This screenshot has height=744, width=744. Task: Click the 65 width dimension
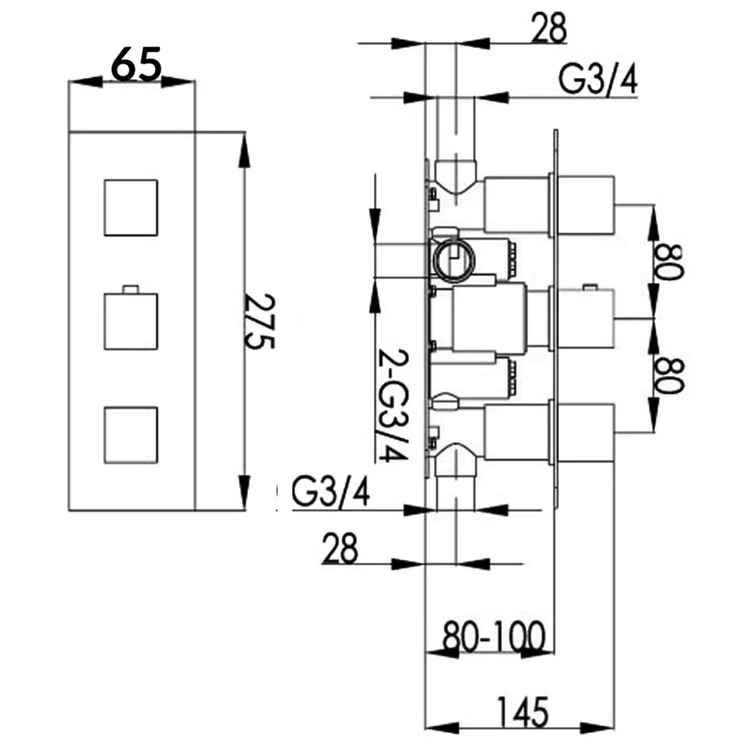click(x=135, y=63)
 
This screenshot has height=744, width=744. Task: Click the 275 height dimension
click(x=260, y=321)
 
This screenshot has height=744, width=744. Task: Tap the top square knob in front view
click(x=131, y=208)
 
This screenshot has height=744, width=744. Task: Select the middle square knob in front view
click(x=131, y=321)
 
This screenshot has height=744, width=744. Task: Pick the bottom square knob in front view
click(x=131, y=434)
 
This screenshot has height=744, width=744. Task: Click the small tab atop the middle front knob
click(x=130, y=289)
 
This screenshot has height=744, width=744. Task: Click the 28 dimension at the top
click(x=549, y=28)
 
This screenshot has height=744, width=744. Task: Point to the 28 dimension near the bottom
click(x=340, y=548)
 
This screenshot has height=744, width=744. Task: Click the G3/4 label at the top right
click(x=597, y=80)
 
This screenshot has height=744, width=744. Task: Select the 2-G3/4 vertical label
click(x=393, y=406)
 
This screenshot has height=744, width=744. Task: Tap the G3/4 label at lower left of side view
click(x=330, y=493)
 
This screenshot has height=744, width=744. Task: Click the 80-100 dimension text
click(x=494, y=636)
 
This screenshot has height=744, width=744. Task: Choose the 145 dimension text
click(x=523, y=712)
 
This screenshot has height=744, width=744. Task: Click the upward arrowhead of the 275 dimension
click(x=244, y=150)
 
